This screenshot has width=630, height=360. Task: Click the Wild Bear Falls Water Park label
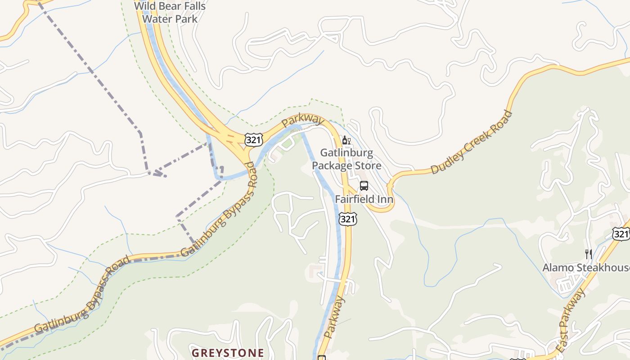click(x=170, y=13)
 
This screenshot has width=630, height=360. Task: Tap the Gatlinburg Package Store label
click(x=346, y=159)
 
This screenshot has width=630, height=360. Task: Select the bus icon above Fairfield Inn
click(x=364, y=186)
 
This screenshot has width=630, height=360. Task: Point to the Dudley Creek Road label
click(x=471, y=142)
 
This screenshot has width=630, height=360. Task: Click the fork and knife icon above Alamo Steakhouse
click(x=588, y=254)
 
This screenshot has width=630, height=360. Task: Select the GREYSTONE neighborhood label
click(x=228, y=352)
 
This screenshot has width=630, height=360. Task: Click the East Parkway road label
click(x=571, y=321)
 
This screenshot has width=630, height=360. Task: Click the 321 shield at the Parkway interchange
click(x=253, y=139)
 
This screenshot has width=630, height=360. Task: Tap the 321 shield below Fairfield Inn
click(x=348, y=219)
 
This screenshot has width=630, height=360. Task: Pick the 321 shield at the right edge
click(x=621, y=233)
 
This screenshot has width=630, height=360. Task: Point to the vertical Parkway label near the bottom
click(x=334, y=317)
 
